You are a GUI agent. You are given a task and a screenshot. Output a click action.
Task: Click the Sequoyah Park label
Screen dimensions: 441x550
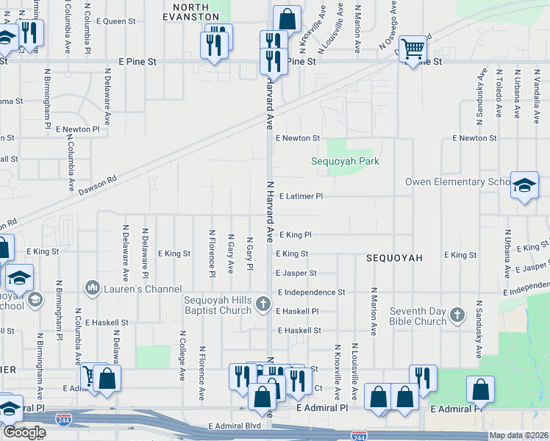point(344,161)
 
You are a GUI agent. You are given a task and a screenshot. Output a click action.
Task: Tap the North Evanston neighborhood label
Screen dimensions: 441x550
point(191,11)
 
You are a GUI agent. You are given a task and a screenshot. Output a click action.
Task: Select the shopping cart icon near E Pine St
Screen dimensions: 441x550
point(415,49)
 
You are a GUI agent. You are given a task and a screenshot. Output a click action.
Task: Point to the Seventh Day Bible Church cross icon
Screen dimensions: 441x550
point(457,315)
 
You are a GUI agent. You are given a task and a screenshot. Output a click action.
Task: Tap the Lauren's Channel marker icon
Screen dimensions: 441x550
point(93,286)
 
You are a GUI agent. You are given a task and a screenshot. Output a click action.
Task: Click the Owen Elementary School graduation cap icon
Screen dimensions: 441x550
point(524,185)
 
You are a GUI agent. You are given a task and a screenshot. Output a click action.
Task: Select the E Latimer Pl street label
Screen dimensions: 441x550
point(301,197)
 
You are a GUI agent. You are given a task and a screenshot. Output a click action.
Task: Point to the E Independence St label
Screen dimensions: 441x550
point(311,293)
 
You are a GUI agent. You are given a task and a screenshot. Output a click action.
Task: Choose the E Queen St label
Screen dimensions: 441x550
point(116,22)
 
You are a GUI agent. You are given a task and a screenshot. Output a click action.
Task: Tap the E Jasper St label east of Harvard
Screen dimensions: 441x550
point(296,273)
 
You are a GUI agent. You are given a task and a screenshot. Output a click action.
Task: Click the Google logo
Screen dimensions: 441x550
point(24,432)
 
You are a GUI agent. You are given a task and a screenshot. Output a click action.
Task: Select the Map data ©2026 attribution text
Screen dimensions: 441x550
point(518,435)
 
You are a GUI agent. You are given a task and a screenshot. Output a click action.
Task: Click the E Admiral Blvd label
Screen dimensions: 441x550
point(235,426)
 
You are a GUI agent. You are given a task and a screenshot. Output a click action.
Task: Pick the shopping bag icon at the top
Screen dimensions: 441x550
point(287,20)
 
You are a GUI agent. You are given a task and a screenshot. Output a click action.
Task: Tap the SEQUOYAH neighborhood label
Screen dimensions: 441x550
point(395,258)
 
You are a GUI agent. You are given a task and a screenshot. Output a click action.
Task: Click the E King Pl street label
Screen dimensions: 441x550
point(295,235)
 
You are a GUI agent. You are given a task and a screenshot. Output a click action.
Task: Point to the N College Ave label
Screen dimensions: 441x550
point(182,355)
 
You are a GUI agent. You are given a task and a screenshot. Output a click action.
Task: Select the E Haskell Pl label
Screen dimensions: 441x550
point(297,312)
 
